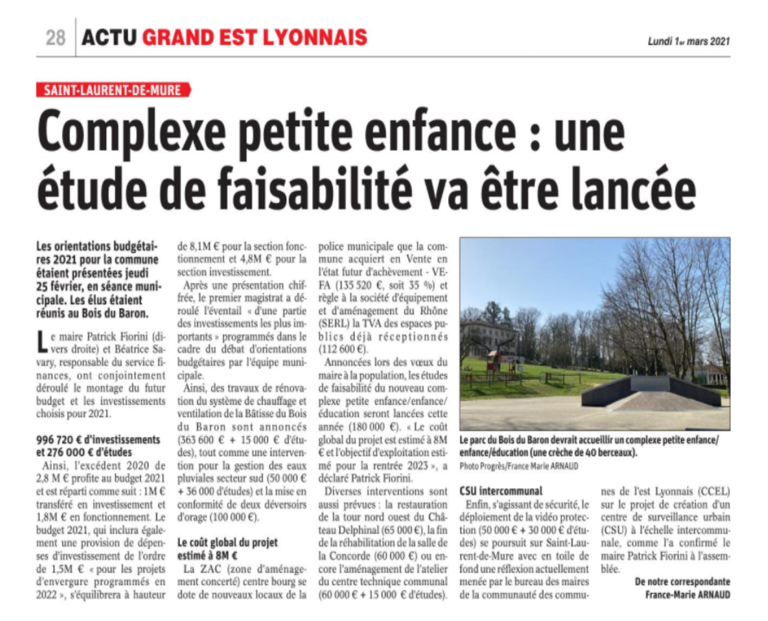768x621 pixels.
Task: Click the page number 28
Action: tap(55, 38)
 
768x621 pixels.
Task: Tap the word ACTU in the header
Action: tap(109, 38)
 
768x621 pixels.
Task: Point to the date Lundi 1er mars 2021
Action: tap(688, 41)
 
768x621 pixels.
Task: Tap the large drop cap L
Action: tap(42, 343)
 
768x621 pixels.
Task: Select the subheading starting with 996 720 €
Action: tap(98, 446)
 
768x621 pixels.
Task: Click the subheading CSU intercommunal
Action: tap(501, 491)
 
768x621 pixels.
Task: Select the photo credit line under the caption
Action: tap(519, 466)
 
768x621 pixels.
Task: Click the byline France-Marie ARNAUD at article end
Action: tap(687, 594)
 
